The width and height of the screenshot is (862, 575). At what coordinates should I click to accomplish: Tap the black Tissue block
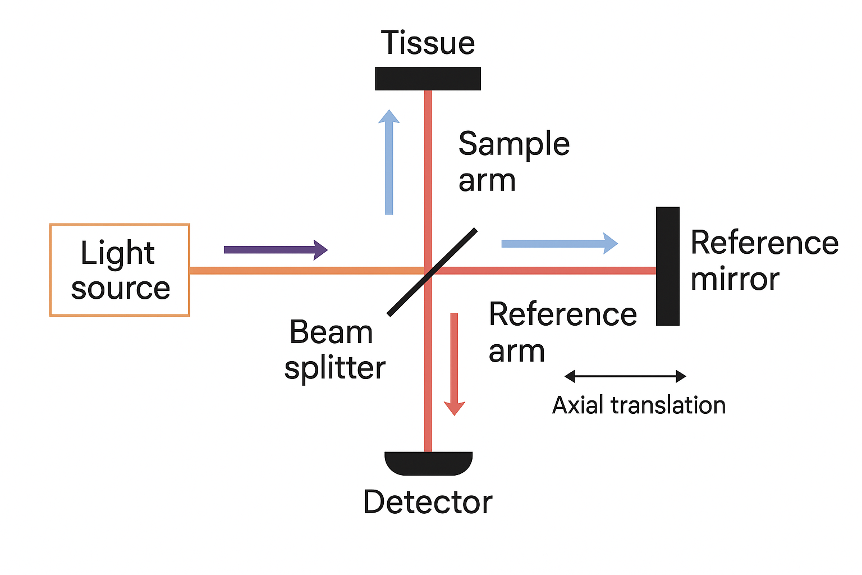click(428, 79)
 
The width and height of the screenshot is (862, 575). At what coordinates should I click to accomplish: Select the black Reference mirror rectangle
click(667, 266)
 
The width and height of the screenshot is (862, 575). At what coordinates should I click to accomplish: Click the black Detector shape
click(428, 462)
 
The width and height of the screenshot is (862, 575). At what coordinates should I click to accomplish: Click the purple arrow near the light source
click(275, 250)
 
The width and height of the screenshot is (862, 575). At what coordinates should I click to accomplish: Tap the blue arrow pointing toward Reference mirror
click(559, 243)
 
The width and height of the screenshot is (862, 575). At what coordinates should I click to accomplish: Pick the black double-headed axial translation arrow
click(625, 376)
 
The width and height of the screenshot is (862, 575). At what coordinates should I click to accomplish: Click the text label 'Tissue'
click(428, 43)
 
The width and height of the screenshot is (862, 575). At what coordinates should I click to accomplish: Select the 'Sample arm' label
click(513, 162)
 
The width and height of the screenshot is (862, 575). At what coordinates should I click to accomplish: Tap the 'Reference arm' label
click(562, 332)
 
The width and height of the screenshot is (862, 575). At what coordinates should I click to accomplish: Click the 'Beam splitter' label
click(334, 349)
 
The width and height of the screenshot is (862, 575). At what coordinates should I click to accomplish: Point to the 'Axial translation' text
click(639, 405)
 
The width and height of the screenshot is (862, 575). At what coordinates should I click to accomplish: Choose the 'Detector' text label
click(428, 501)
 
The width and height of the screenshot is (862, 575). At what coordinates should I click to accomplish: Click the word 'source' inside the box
click(121, 289)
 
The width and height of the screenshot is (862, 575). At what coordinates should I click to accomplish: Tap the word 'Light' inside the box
click(117, 253)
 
